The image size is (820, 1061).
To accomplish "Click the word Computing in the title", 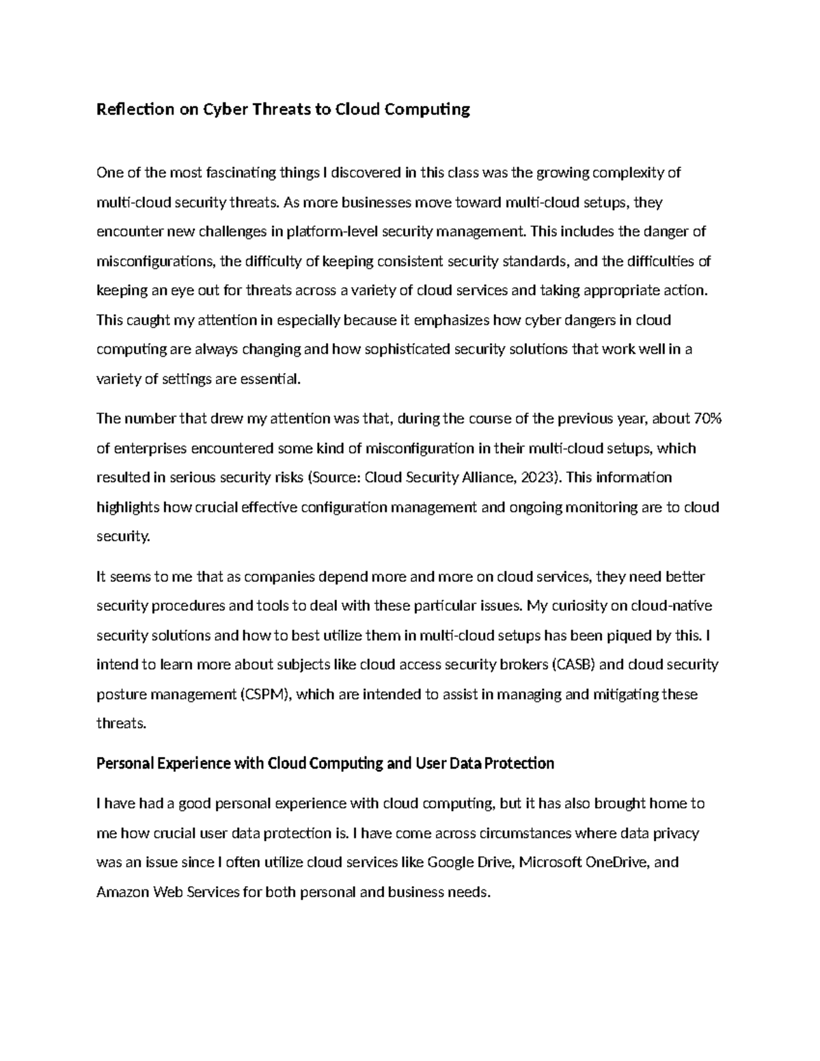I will coord(434,109).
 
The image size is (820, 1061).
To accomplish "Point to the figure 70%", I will coord(707,419).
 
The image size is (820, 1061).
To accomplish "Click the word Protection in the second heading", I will coord(520,763).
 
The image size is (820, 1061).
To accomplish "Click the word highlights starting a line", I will coord(128,508).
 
